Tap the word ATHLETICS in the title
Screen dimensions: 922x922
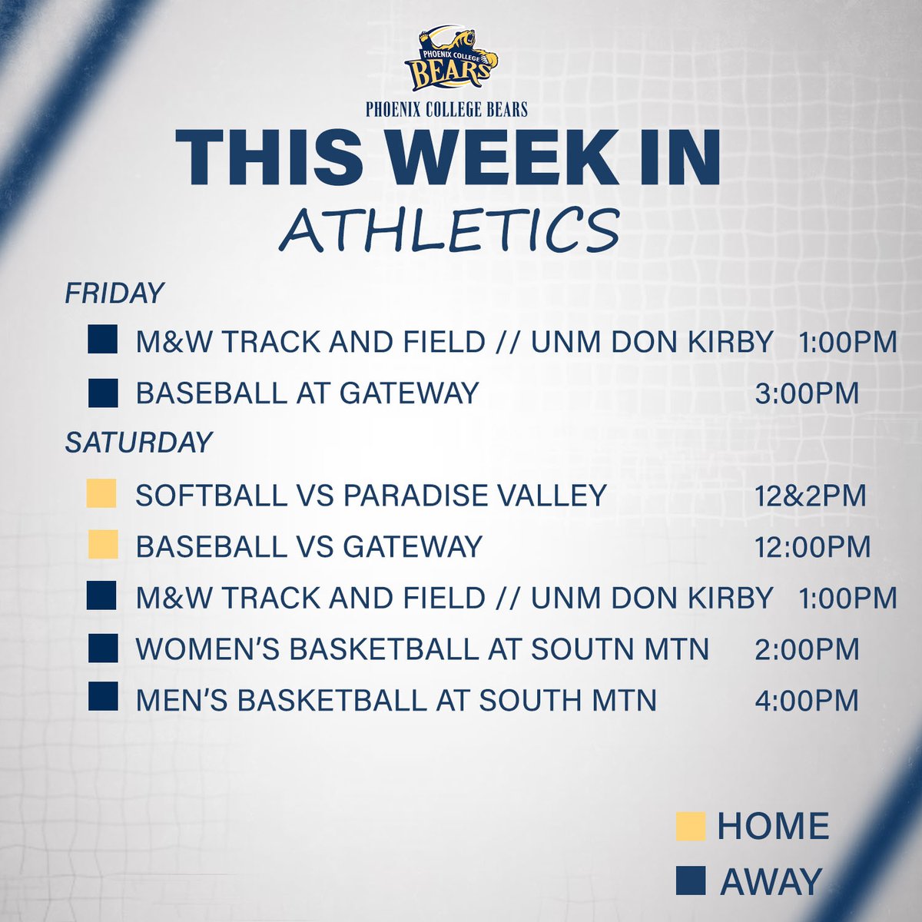point(449,230)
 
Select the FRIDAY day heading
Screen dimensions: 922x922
point(114,294)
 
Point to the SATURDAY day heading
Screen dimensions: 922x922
point(139,443)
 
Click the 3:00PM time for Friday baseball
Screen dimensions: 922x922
point(806,393)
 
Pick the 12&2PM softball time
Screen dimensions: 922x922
point(810,496)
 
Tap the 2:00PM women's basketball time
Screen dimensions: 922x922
point(806,650)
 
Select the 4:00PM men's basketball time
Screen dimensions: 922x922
point(806,701)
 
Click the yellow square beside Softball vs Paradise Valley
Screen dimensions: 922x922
point(102,494)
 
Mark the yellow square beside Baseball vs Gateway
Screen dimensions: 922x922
point(102,545)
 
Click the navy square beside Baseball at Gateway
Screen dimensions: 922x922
point(102,393)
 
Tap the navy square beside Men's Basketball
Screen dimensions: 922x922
point(102,698)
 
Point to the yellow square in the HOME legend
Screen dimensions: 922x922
point(690,827)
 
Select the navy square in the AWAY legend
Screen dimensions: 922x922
point(690,881)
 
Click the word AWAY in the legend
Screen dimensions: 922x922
point(771,882)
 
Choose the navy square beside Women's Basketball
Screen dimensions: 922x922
point(102,648)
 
